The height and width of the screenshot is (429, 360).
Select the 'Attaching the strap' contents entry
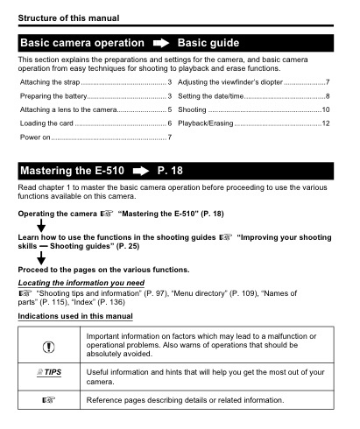pos(43,81)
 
